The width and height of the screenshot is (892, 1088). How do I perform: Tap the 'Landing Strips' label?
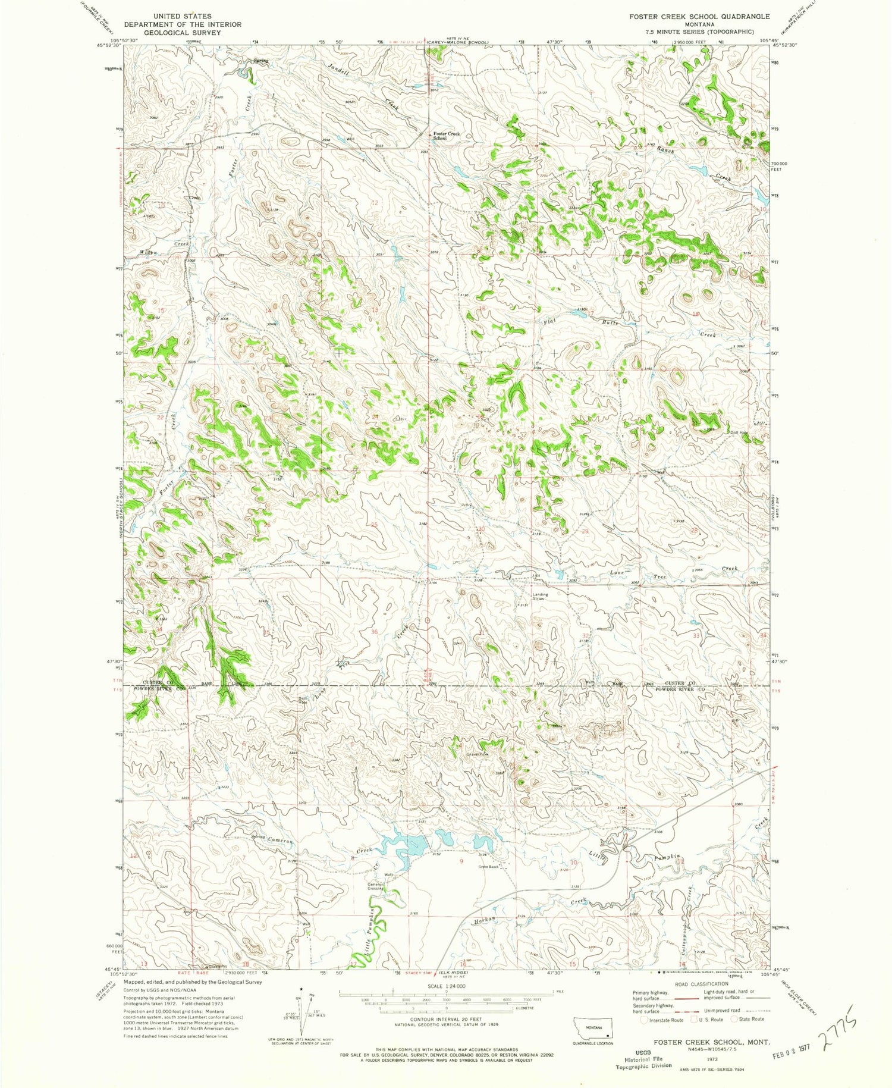coord(540,596)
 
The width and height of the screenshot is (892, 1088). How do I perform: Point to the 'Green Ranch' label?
coord(489,867)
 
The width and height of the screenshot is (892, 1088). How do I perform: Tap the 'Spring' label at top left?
coord(261,60)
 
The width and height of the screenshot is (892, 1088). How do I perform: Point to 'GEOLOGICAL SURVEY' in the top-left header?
coord(182,33)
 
